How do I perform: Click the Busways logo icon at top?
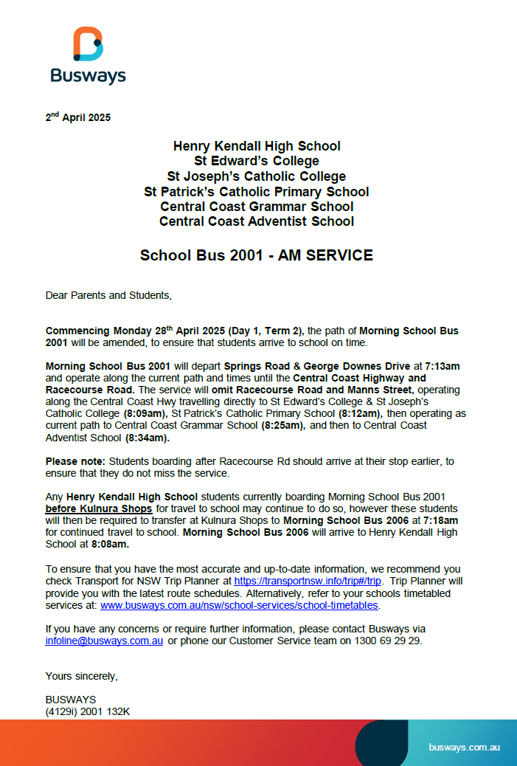[x=88, y=44]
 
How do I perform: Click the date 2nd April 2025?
[x=78, y=117]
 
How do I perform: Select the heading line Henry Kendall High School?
[x=257, y=146]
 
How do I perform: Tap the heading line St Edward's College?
[x=257, y=161]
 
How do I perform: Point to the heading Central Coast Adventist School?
[x=257, y=221]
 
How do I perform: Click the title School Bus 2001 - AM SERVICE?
[x=257, y=256]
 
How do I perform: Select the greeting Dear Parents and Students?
[x=108, y=295]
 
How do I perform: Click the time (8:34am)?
[x=148, y=438]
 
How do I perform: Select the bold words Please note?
[x=76, y=461]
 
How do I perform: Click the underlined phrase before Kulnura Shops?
[x=99, y=509]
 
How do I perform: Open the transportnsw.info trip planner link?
[x=308, y=581]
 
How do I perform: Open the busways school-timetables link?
[x=240, y=605]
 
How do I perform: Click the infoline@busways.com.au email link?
[x=104, y=641]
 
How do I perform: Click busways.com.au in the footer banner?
[x=465, y=748]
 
